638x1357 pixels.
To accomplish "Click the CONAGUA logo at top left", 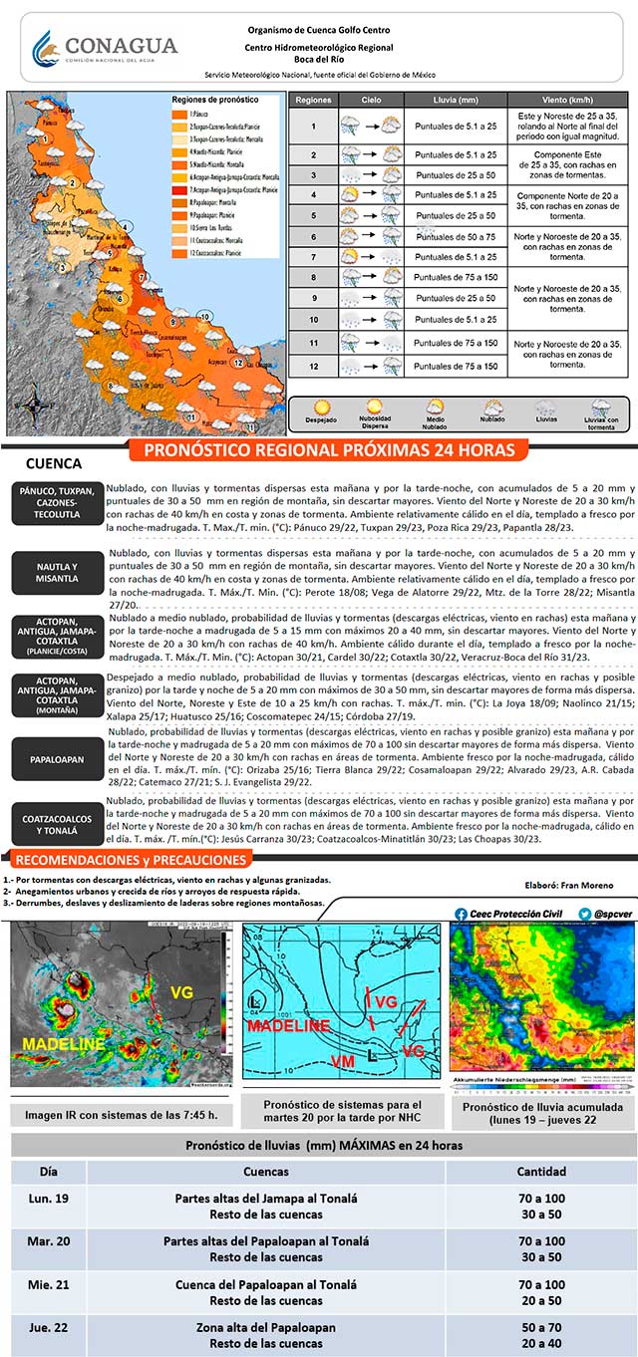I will [x=105, y=48].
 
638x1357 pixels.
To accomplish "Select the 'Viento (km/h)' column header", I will [x=568, y=101].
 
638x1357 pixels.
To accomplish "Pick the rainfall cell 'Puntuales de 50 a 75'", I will [x=456, y=236].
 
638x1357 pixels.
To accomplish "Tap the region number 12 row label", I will [x=313, y=366].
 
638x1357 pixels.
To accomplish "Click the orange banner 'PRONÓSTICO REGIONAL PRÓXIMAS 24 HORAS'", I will [x=330, y=450].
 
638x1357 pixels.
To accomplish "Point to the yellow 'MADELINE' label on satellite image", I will [x=63, y=1043].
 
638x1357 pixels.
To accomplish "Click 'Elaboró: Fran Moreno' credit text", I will [x=569, y=885].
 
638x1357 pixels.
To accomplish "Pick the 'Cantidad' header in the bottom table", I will [x=541, y=1172].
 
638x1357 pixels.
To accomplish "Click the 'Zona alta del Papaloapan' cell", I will [x=265, y=1327].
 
